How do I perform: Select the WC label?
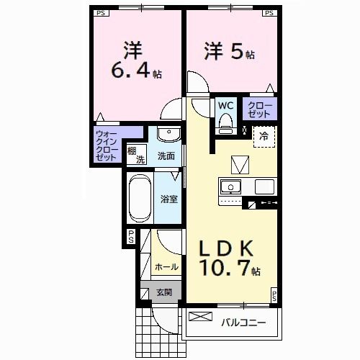(225, 105)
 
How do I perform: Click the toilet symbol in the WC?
(226, 122)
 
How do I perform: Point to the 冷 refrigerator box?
(264, 136)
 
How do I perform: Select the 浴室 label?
(169, 199)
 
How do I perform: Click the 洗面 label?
(167, 155)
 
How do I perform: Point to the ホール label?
(166, 266)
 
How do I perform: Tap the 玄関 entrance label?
(164, 292)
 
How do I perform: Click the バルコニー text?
(243, 323)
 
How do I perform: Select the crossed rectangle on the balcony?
(201, 316)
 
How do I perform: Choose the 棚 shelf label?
(131, 150)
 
